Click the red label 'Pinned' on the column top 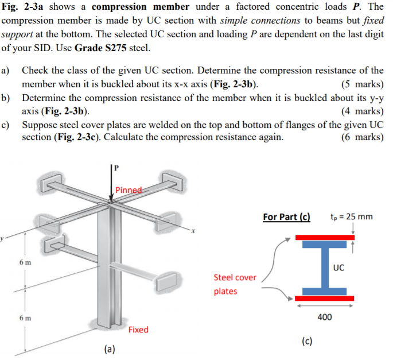[127, 190]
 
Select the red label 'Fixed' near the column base [138, 330]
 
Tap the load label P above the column [116, 168]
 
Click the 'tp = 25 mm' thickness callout [352, 216]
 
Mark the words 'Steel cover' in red [235, 277]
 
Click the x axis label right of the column [193, 232]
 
